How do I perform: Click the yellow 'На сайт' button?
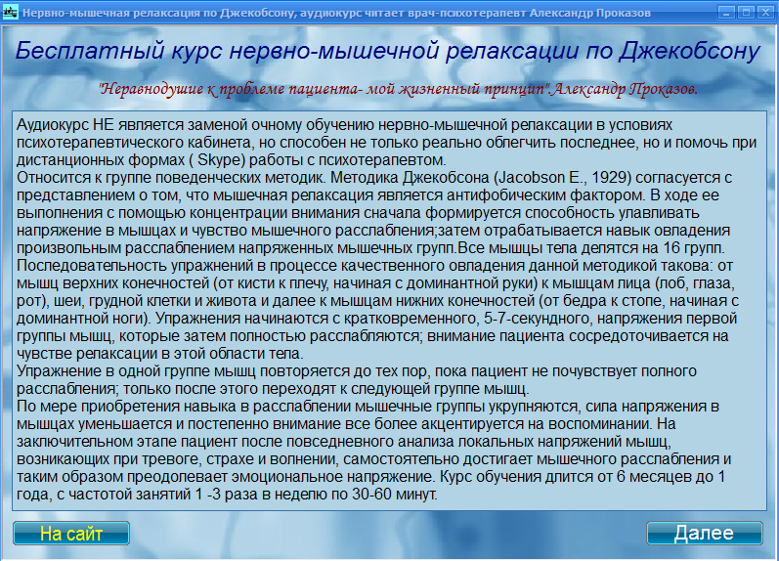point(71,534)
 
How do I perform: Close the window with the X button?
point(765,13)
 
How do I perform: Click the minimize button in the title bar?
point(726,13)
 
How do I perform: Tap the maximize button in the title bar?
point(746,13)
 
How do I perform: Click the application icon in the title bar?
point(11,12)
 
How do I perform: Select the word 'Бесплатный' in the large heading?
point(90,51)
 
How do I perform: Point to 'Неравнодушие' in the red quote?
point(151,89)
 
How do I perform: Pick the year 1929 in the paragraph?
point(610,178)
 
